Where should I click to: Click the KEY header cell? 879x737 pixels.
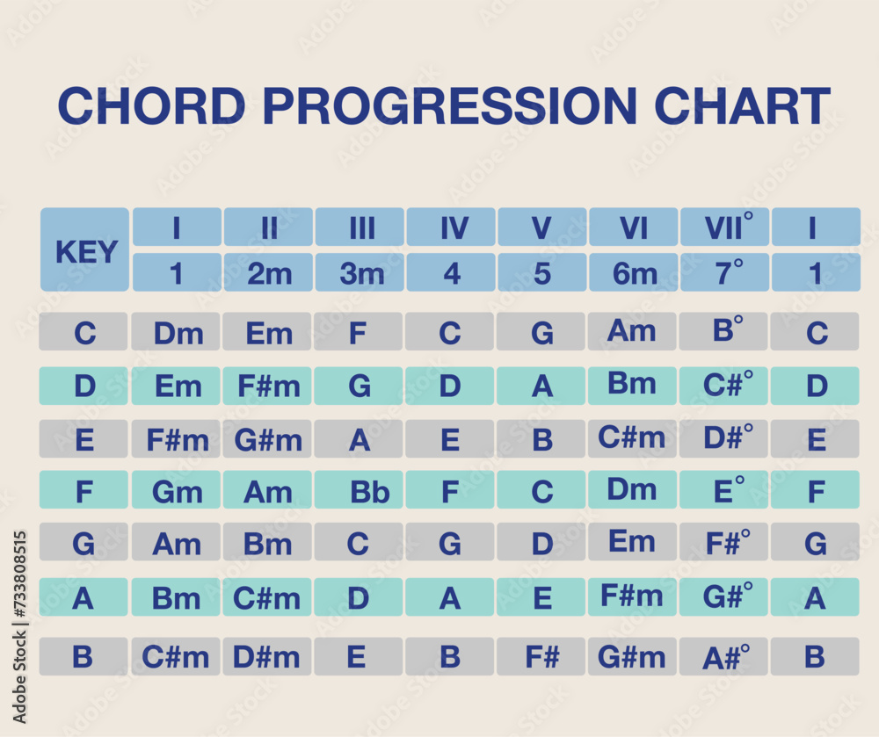click(85, 250)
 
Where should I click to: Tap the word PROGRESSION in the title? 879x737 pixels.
click(448, 106)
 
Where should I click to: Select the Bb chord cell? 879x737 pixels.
click(359, 490)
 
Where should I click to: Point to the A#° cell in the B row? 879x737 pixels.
click(723, 656)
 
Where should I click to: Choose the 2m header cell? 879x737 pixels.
click(268, 273)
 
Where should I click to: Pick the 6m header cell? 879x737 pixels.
click(633, 273)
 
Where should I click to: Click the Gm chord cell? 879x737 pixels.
click(176, 490)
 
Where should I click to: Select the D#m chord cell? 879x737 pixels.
click(267, 656)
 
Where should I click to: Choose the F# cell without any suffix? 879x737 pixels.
click(541, 656)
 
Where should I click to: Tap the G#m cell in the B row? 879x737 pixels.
click(632, 656)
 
